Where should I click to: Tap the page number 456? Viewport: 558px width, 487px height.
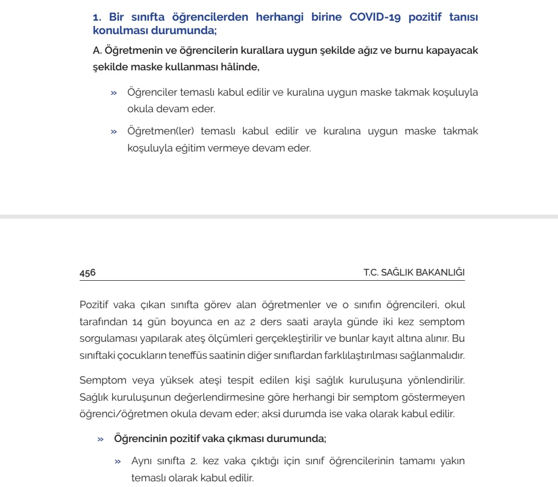pyautogui.click(x=88, y=272)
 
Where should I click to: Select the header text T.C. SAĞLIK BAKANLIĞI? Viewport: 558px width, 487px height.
pyautogui.click(x=414, y=272)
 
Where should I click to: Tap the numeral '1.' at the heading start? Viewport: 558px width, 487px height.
pyautogui.click(x=97, y=17)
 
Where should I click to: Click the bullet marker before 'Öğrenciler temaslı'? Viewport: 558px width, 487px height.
pyautogui.click(x=114, y=93)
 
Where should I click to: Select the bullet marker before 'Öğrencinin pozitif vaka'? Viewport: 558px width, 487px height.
pyautogui.click(x=101, y=439)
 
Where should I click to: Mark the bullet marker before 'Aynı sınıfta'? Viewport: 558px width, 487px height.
pyautogui.click(x=118, y=461)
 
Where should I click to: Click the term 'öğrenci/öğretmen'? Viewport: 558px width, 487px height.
pyautogui.click(x=117, y=414)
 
